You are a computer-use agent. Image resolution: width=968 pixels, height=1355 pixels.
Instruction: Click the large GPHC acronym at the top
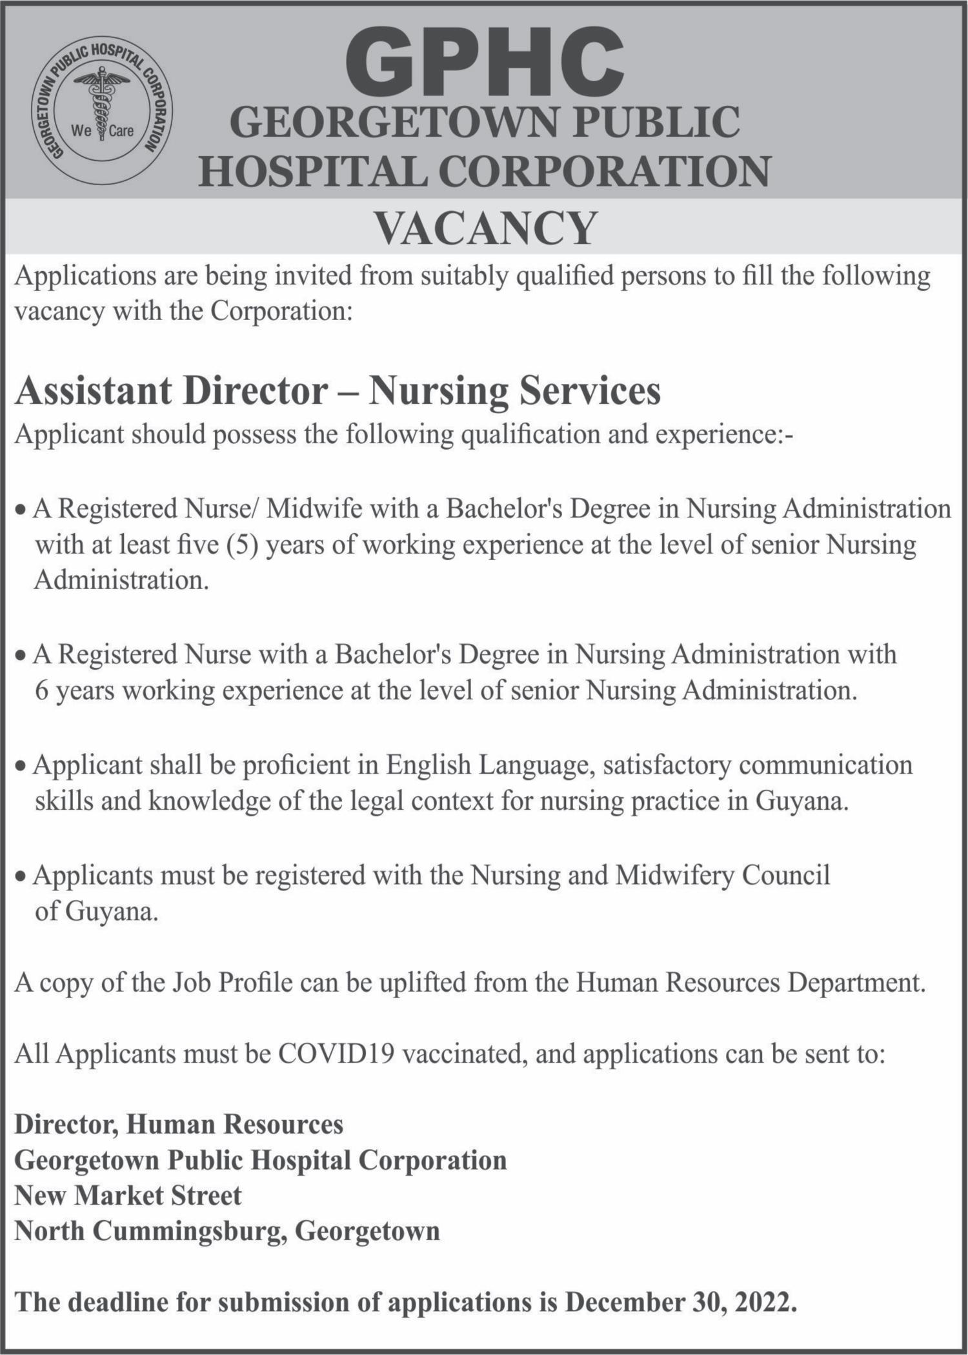tap(485, 63)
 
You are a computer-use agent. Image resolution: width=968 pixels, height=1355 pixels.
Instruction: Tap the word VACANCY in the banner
tap(485, 228)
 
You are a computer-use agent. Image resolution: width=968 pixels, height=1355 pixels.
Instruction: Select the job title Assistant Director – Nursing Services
tap(338, 391)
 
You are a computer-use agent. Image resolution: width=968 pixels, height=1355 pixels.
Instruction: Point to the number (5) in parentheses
tap(242, 545)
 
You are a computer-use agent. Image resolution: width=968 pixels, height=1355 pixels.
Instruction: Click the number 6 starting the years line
tap(41, 691)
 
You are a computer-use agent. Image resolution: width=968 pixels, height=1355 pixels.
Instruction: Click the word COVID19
tap(336, 1054)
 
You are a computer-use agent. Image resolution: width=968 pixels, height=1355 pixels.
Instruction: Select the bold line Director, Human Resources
tap(179, 1125)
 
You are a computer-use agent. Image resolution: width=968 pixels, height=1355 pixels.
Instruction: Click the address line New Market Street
tap(128, 1196)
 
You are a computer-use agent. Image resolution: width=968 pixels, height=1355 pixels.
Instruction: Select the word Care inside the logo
tap(121, 132)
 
